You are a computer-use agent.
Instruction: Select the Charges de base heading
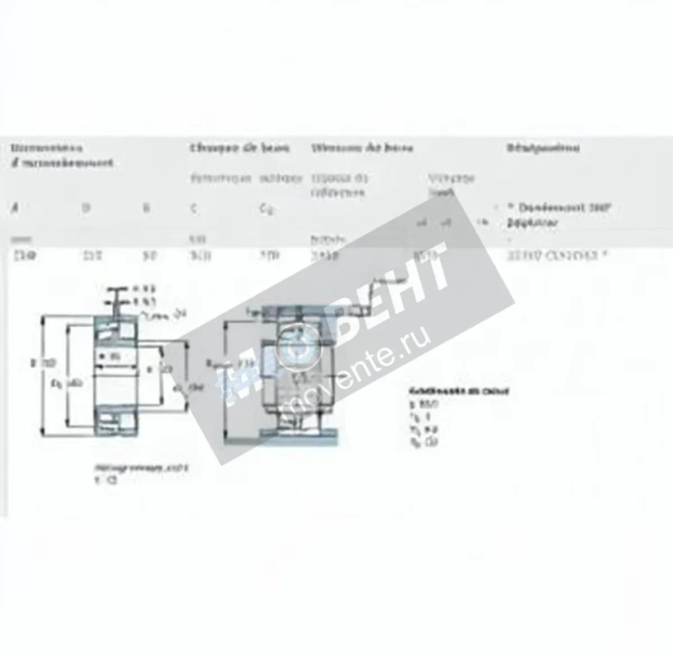point(239,148)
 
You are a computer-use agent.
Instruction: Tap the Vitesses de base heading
point(362,148)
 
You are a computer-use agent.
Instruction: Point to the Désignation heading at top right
point(543,148)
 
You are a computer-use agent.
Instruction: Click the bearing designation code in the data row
point(557,256)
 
